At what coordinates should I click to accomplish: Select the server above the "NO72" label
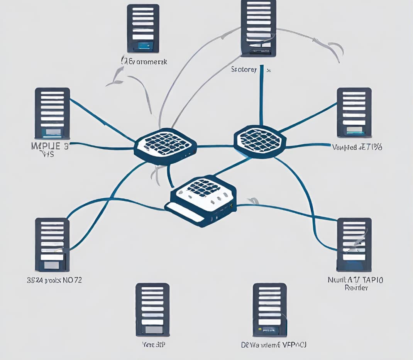pyautogui.click(x=52, y=245)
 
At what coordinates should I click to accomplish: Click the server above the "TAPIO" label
pyautogui.click(x=354, y=245)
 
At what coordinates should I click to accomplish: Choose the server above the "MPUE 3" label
pyautogui.click(x=52, y=113)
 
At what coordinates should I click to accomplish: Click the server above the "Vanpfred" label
pyautogui.click(x=354, y=112)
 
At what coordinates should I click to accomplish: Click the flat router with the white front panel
pyautogui.click(x=201, y=201)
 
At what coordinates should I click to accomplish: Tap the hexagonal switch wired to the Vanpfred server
pyautogui.click(x=260, y=141)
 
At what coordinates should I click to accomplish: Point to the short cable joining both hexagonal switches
pyautogui.click(x=215, y=146)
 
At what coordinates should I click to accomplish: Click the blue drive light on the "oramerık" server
pyautogui.click(x=145, y=46)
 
